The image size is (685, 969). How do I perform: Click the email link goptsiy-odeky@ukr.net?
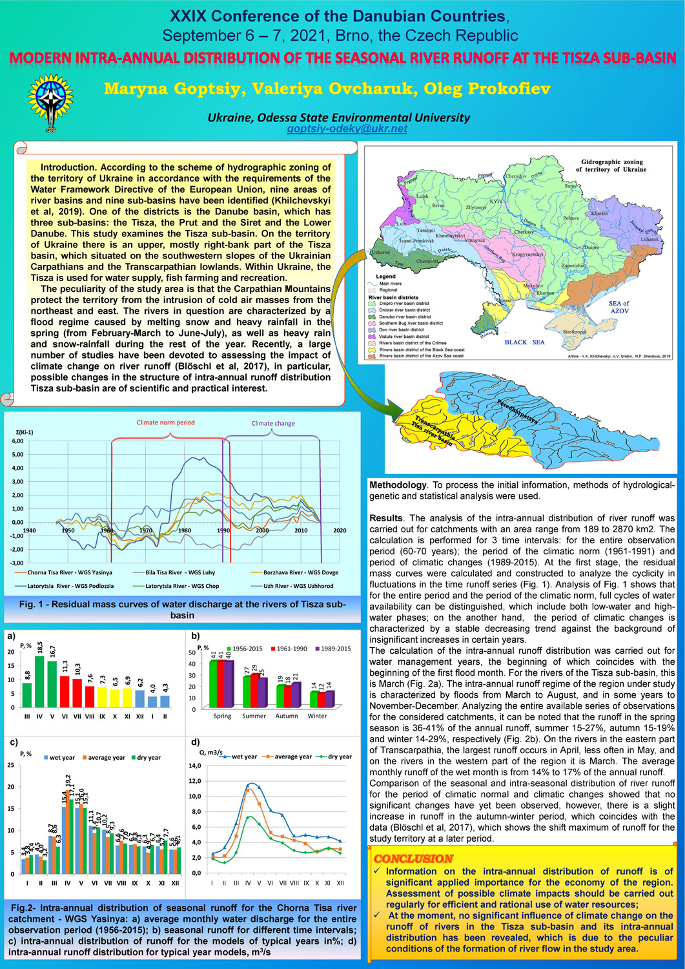click(x=347, y=129)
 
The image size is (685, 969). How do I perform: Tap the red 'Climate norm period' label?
click(x=165, y=422)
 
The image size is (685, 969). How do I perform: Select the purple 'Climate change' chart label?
click(x=272, y=424)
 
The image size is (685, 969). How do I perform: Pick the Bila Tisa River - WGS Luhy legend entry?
click(x=174, y=572)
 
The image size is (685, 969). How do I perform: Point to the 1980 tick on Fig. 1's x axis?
click(x=185, y=530)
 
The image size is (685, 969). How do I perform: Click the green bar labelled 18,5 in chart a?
click(x=40, y=681)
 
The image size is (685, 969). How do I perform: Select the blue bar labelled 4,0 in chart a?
click(x=152, y=701)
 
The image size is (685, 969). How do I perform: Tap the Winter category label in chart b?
click(x=317, y=716)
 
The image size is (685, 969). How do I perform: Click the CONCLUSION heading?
click(x=413, y=859)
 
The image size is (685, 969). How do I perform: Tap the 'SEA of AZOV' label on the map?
click(x=619, y=307)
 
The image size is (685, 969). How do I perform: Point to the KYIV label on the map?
click(x=496, y=202)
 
